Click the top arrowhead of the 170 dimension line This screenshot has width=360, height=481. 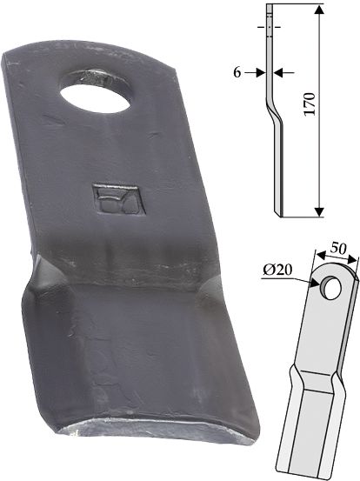click(x=319, y=10)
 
